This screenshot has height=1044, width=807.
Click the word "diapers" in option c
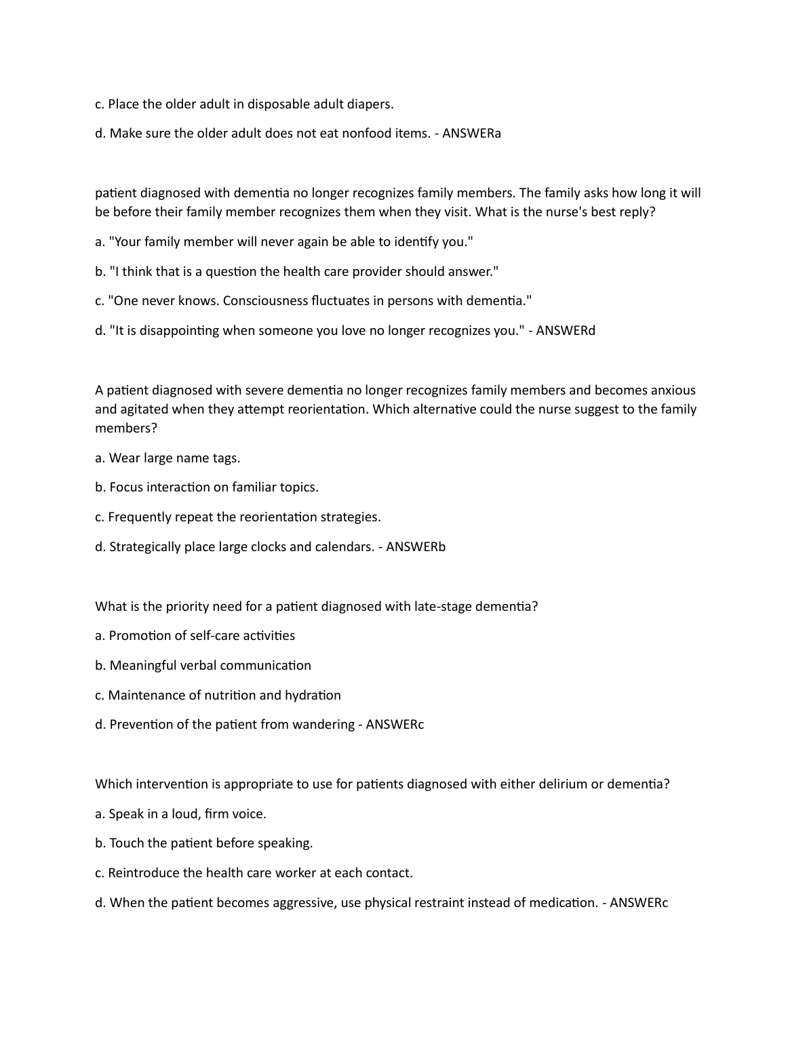370,104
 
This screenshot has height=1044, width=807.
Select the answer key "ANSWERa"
472,134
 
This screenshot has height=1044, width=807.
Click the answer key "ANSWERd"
566,331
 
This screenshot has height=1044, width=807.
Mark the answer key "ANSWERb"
416,547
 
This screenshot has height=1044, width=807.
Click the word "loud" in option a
184,814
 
